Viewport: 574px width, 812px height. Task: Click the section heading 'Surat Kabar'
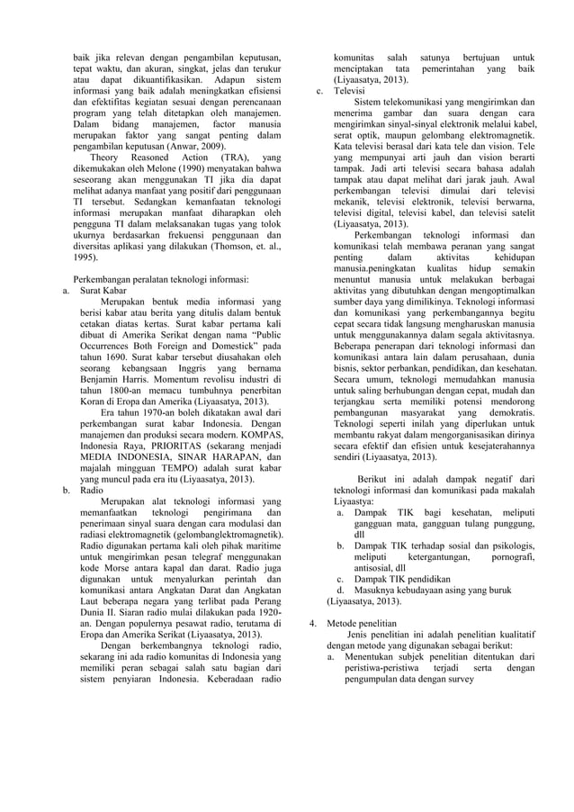pyautogui.click(x=104, y=291)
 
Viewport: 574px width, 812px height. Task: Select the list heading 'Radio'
pyautogui.click(x=93, y=491)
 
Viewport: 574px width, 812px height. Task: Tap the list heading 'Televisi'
pyautogui.click(x=350, y=91)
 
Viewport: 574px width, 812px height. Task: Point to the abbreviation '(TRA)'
pyautogui.click(x=229, y=155)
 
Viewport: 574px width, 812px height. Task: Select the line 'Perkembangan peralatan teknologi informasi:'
pyautogui.click(x=160, y=279)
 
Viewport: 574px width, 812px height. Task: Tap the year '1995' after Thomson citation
pyautogui.click(x=86, y=256)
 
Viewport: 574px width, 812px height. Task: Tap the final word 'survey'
pyautogui.click(x=460, y=680)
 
